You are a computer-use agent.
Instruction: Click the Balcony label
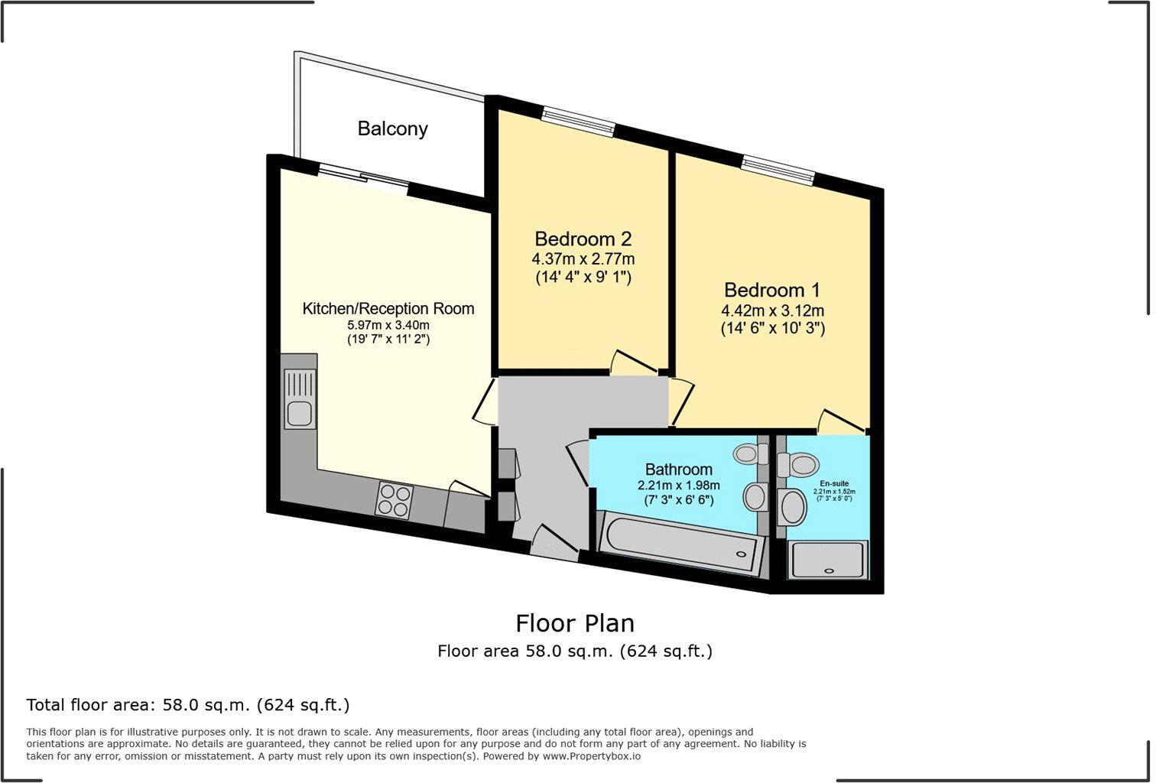(392, 128)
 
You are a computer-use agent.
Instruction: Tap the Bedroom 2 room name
(583, 239)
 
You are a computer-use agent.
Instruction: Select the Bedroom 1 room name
(771, 291)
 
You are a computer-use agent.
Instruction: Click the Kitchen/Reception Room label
(388, 309)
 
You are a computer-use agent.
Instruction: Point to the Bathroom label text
(678, 469)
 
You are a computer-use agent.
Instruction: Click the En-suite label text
(833, 484)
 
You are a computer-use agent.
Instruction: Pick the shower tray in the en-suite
(828, 560)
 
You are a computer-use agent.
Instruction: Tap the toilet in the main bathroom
(749, 454)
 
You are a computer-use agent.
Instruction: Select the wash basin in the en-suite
(792, 508)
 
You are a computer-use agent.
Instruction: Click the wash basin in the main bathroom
(755, 497)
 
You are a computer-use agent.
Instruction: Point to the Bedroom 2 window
(578, 122)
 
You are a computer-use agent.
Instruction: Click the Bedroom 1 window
(778, 170)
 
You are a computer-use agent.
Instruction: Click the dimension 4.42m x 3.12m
(772, 311)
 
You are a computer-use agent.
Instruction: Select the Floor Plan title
(575, 623)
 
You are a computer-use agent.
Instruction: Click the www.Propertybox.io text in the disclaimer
(591, 756)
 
